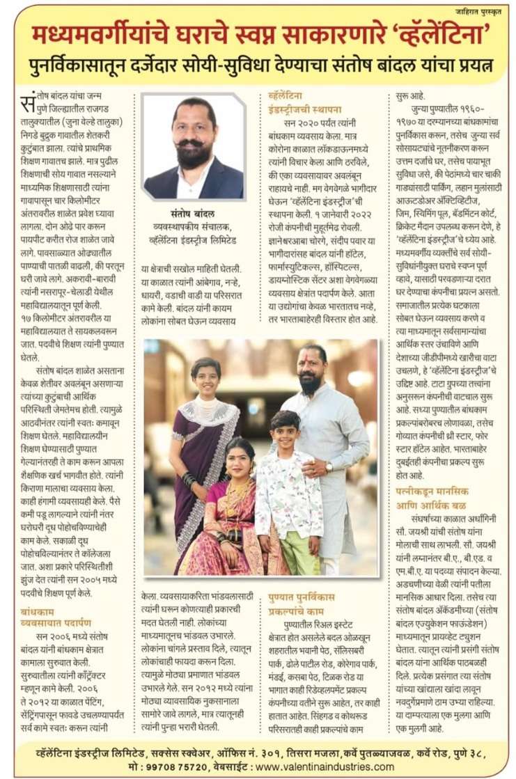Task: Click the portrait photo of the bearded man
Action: point(194,148)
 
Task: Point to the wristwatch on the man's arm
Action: point(329,466)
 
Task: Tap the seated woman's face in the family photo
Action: point(240,459)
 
